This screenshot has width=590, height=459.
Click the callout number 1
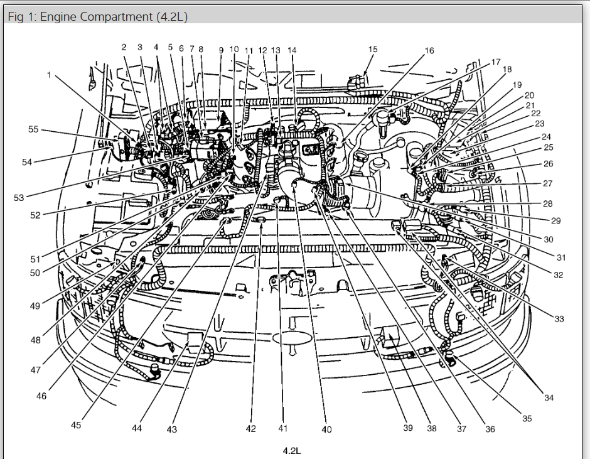click(49, 75)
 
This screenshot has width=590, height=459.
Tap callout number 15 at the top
click(373, 49)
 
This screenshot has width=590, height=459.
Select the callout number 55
click(33, 129)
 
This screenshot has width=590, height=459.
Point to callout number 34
click(549, 397)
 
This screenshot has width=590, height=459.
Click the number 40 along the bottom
click(326, 429)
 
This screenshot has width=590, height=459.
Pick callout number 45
click(76, 425)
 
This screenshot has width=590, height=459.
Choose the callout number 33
click(559, 319)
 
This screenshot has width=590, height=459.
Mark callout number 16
click(429, 50)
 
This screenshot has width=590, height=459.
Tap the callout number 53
click(18, 198)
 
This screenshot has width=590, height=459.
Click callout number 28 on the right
click(548, 203)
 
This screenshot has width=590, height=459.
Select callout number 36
click(490, 429)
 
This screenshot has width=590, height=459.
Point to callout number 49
click(35, 306)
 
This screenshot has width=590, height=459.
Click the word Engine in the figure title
click(57, 17)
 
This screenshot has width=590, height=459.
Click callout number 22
click(535, 113)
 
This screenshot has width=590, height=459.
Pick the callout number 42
click(251, 429)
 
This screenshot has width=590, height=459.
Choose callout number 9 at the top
click(221, 50)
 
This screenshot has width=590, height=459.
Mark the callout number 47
click(35, 370)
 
